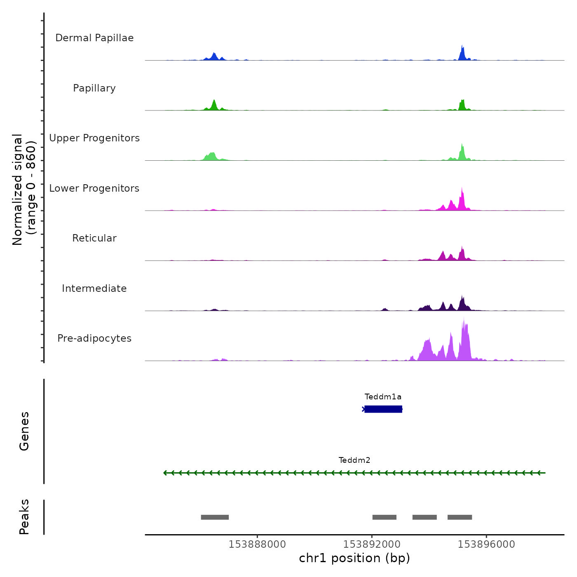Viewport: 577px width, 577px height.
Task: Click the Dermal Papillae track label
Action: [x=94, y=38]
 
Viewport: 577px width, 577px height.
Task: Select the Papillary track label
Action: [x=94, y=88]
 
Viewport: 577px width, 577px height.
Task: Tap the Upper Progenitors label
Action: [x=94, y=138]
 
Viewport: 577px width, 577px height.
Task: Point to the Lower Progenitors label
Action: [x=94, y=188]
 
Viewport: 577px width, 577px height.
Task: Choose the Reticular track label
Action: [x=94, y=238]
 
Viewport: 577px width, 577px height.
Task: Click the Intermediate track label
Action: [x=94, y=288]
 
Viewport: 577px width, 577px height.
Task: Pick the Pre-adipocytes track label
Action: [x=94, y=338]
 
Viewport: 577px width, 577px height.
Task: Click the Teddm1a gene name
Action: [x=383, y=397]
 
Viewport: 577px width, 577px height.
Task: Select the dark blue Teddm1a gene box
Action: [x=383, y=409]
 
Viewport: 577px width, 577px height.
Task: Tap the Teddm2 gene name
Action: [x=354, y=460]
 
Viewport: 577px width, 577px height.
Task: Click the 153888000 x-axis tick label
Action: [x=257, y=544]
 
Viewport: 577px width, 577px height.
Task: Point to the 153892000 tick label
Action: [x=372, y=544]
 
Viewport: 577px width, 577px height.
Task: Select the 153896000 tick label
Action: [x=486, y=544]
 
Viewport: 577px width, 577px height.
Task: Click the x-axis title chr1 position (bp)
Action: [x=354, y=558]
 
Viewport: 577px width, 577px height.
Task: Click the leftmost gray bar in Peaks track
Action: [x=215, y=517]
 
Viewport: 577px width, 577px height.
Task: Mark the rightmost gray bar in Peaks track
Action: [x=460, y=517]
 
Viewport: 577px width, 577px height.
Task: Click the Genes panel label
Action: [x=24, y=431]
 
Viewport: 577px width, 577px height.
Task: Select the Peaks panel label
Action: [x=24, y=517]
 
